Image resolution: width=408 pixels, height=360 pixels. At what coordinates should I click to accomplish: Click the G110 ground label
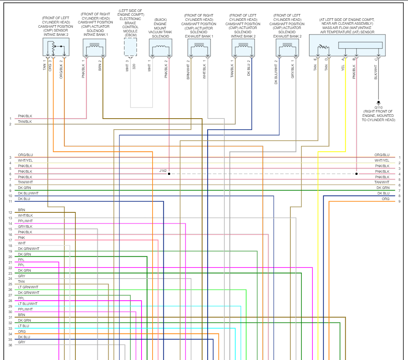click(378, 107)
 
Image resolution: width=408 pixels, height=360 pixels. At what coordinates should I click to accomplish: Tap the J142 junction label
click(163, 171)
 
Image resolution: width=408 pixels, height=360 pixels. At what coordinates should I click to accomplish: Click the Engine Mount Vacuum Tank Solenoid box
click(161, 48)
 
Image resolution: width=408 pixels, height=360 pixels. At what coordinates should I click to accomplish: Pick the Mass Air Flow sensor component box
click(347, 45)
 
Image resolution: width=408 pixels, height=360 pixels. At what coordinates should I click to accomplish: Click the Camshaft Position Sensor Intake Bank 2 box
click(56, 47)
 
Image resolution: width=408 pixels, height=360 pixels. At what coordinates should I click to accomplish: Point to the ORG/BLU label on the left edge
click(25, 155)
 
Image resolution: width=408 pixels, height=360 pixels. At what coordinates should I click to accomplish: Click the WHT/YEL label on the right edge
click(382, 160)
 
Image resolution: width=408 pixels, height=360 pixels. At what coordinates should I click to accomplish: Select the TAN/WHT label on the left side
click(25, 182)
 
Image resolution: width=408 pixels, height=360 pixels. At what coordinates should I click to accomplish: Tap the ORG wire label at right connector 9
click(385, 199)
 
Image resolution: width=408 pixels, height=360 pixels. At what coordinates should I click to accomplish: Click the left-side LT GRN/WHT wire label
click(28, 287)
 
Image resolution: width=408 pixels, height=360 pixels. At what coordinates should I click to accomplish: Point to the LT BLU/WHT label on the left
click(28, 304)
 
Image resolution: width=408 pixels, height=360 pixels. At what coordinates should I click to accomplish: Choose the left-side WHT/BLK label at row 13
click(25, 215)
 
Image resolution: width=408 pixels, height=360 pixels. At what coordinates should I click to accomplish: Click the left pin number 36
click(10, 345)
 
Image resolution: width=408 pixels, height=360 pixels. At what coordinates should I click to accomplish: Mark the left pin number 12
click(10, 212)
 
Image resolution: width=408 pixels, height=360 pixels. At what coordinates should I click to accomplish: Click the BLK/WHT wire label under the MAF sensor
click(376, 72)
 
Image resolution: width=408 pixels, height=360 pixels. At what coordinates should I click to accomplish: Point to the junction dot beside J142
click(169, 174)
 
